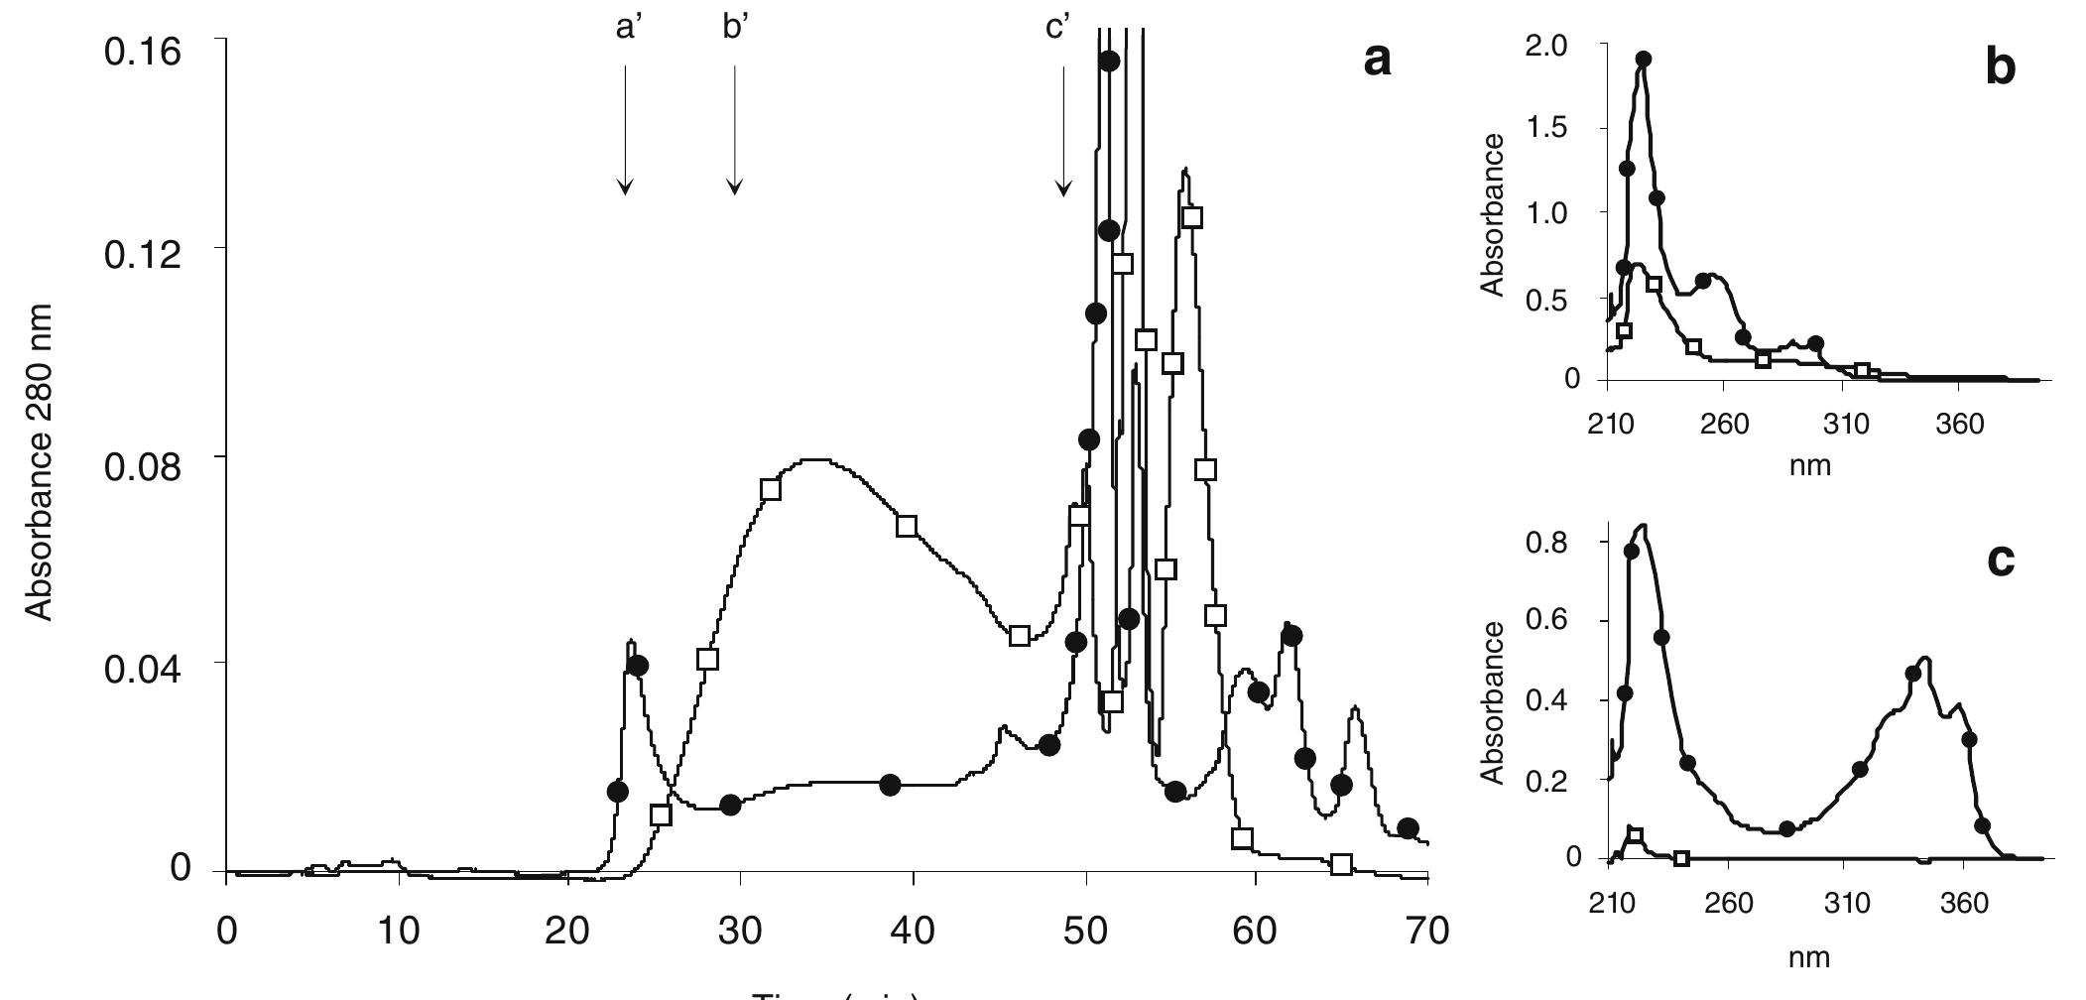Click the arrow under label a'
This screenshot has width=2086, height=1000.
[625, 129]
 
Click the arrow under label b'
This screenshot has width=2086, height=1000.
[734, 129]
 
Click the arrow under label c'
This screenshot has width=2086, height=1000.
[1063, 129]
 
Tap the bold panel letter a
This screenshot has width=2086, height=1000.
[1377, 62]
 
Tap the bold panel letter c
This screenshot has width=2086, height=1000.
[2001, 561]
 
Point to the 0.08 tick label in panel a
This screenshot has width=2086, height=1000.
[143, 463]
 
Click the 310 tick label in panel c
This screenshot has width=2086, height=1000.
[1845, 904]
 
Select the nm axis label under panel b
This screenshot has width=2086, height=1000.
[1809, 464]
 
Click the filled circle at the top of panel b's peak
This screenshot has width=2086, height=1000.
[1643, 59]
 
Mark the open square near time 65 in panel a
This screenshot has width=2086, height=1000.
[1341, 864]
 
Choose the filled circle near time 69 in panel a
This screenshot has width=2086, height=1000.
[1407, 828]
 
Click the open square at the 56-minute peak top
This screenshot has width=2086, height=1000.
[1192, 216]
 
